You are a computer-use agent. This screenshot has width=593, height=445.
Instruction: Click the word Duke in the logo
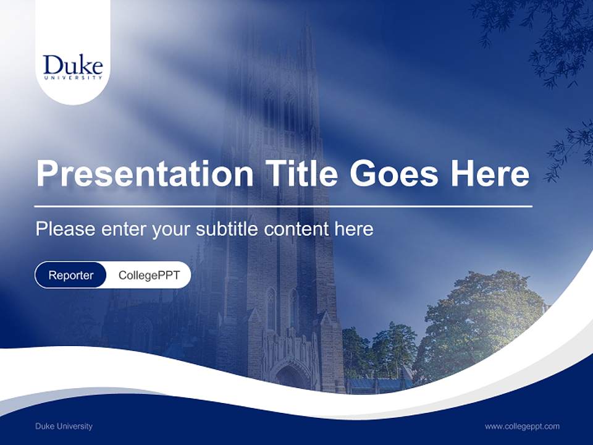pos(72,65)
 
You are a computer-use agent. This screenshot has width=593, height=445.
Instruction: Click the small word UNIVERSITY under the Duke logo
pos(73,78)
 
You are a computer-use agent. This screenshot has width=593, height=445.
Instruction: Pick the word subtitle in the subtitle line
pos(228,229)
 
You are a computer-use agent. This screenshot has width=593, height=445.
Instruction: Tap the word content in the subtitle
pos(296,229)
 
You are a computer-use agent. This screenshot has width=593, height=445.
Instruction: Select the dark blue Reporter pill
pos(71,275)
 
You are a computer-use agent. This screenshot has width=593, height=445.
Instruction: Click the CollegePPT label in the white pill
pos(149,275)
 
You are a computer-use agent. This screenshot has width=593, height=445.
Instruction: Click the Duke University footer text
pos(64,426)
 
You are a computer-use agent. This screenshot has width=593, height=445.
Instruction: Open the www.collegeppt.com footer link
pos(522,426)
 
